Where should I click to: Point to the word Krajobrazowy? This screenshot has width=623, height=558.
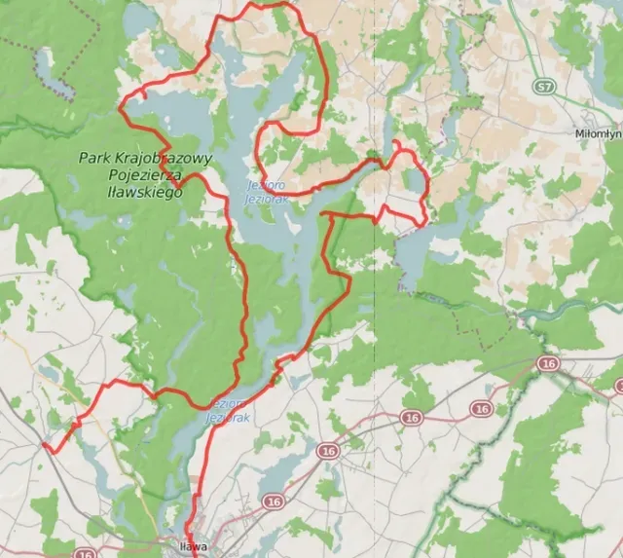[165, 158]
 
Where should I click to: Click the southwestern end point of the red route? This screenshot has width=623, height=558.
[44, 446]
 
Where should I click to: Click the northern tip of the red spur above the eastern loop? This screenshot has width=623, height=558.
[395, 143]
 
